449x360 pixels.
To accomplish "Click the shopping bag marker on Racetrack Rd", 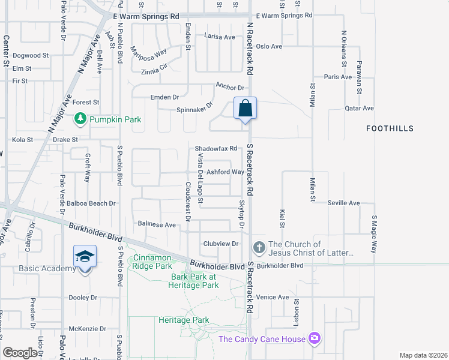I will (x=245, y=109).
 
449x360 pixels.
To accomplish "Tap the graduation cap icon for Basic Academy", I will (x=85, y=256).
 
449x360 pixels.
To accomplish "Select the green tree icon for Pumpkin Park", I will (x=80, y=119).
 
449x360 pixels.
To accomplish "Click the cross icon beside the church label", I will (x=259, y=247).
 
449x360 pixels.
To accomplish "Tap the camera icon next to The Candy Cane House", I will (x=314, y=339).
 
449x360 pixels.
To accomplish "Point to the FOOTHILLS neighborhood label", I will (x=390, y=128).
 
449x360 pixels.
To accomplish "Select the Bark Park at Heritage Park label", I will (x=194, y=281).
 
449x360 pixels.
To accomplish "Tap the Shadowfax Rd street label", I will (x=216, y=149).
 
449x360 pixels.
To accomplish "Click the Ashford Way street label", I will (x=225, y=172).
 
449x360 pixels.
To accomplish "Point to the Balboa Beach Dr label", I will (x=91, y=203).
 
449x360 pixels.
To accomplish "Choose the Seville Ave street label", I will (x=343, y=203).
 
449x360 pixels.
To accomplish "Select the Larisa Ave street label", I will (x=220, y=37).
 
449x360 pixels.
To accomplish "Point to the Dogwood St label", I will (x=30, y=55).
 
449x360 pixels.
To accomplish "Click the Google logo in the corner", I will (x=20, y=353).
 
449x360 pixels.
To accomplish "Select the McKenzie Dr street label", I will (x=87, y=329).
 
